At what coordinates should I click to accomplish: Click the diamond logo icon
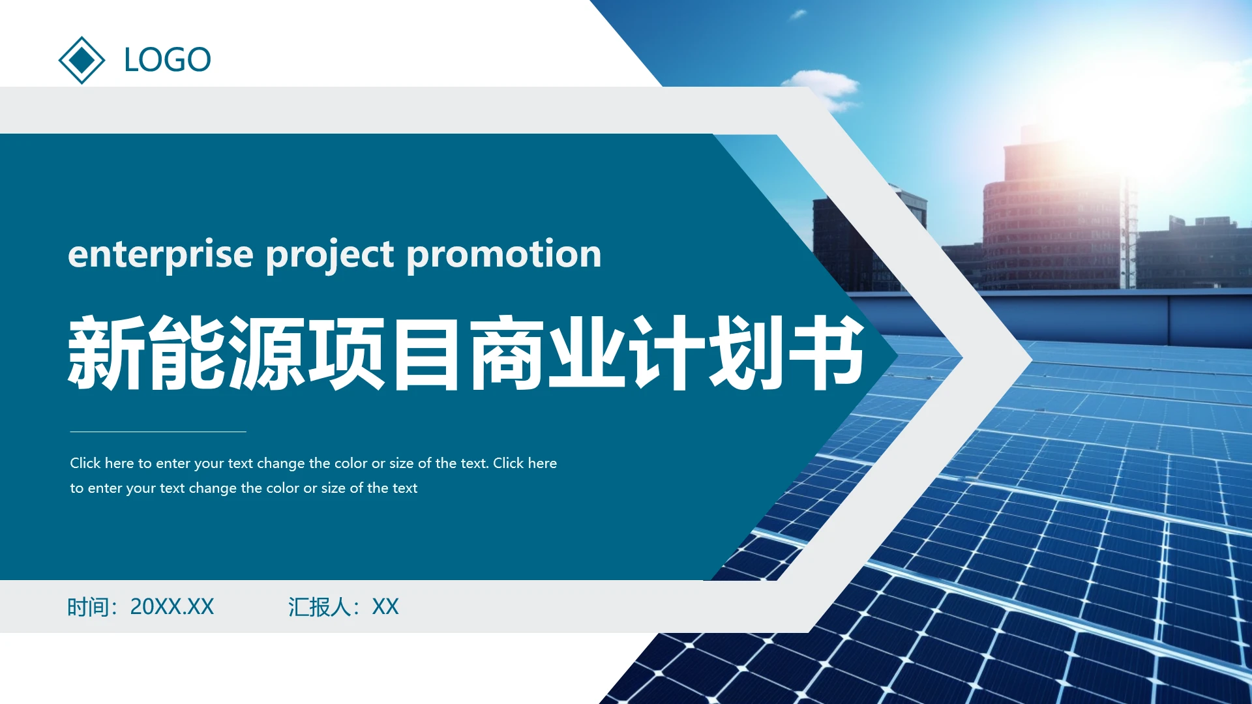[x=82, y=60]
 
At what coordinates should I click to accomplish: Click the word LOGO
[x=168, y=60]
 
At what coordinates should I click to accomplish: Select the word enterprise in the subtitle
[x=160, y=254]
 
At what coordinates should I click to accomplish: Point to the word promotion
[x=503, y=254]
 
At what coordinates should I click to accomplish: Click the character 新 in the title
[x=106, y=353]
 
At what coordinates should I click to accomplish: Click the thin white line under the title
[x=158, y=432]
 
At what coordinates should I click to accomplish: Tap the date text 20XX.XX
[x=171, y=607]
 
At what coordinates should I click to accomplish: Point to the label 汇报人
[x=319, y=607]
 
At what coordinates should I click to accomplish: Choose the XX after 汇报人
[x=385, y=607]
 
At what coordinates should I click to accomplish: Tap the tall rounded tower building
[x=1050, y=222]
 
